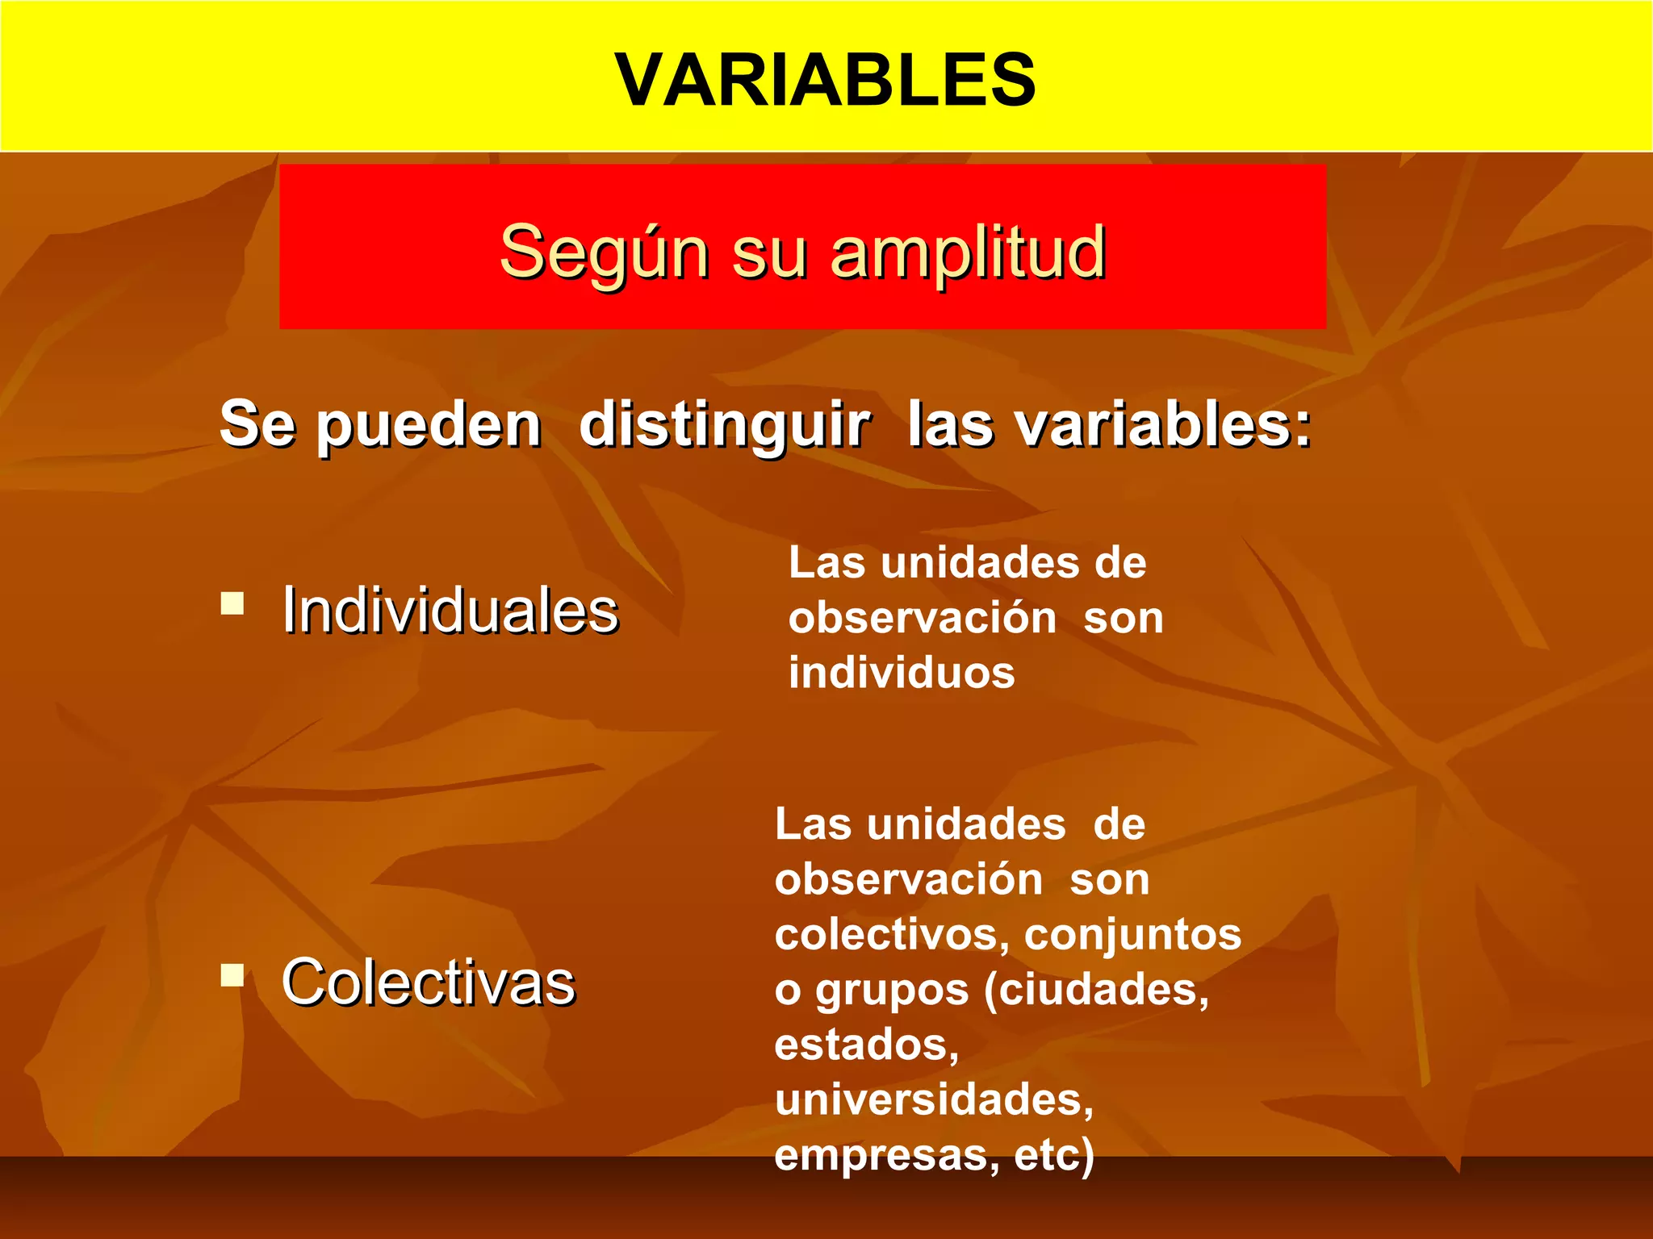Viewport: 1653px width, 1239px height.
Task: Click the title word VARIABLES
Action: (825, 79)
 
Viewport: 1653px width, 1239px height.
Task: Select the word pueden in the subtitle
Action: (428, 426)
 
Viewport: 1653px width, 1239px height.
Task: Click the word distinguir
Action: (724, 426)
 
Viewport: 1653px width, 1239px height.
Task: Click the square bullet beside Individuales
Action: (232, 603)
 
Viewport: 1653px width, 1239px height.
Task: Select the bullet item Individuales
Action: (450, 610)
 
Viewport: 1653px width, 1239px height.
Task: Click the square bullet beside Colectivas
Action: (232, 975)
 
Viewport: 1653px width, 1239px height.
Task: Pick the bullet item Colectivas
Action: (428, 982)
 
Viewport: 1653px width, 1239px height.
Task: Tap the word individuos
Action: (902, 673)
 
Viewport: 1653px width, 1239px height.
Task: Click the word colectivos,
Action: (892, 934)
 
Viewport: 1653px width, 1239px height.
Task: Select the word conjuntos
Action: (1132, 934)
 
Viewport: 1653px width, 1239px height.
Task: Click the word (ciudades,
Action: (1097, 990)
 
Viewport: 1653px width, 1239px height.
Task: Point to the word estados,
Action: (866, 1045)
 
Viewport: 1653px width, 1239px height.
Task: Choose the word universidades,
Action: (934, 1099)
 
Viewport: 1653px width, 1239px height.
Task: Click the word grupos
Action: (892, 991)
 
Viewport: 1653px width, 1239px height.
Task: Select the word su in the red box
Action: (769, 253)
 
